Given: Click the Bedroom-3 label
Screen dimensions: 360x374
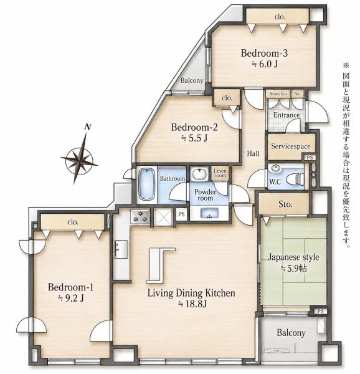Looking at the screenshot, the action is point(264,53).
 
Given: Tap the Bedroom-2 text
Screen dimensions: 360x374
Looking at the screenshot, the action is point(194,127).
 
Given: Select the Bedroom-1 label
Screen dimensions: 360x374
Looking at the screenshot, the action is point(70,287).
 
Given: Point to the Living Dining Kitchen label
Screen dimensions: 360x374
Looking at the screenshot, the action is point(191,293).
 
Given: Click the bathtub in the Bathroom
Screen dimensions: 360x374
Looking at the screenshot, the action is point(146,184).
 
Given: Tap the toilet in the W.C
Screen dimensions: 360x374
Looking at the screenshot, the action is point(295,179).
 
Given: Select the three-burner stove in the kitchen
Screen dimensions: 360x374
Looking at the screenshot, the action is point(140,216).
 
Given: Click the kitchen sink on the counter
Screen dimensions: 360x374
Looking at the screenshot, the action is point(121,249).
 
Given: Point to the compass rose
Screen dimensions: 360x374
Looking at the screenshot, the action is point(79,158).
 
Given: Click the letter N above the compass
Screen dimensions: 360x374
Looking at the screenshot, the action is point(88,127).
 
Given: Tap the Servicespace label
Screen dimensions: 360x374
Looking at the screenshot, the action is point(291,146).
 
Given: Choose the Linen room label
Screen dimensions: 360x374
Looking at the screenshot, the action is point(220,173).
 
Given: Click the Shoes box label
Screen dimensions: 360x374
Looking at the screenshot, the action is point(278,93).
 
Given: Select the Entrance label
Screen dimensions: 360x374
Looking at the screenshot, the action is point(287,115).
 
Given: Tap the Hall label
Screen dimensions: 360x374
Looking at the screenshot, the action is point(253,153).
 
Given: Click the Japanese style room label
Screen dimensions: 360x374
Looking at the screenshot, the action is point(293,257).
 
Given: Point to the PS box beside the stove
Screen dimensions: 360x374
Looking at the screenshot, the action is point(181,214).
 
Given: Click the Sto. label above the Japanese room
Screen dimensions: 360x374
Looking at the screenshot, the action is point(285,204).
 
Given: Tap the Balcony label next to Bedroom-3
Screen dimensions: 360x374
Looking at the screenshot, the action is point(192,80).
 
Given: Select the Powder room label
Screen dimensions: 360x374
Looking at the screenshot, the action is point(205,195).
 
